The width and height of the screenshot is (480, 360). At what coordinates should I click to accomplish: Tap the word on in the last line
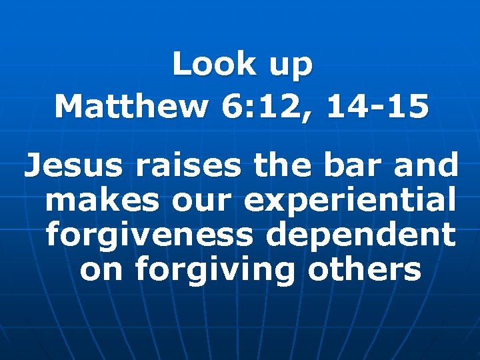(x=102, y=271)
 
